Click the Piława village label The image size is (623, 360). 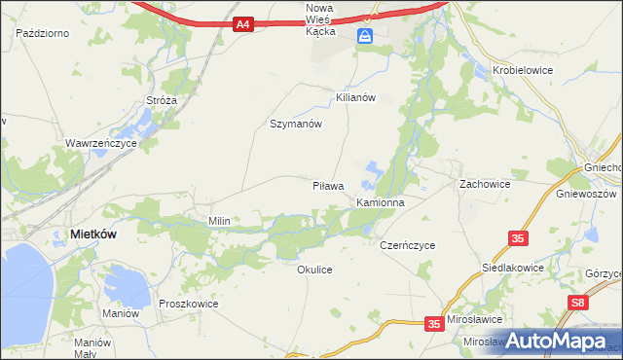(328, 185)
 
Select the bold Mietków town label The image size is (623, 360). (95, 234)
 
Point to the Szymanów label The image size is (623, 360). (295, 125)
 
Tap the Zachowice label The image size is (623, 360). (485, 183)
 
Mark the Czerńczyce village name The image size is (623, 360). (407, 246)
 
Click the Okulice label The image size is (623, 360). (314, 270)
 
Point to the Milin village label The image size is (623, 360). (219, 221)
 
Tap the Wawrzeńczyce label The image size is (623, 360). (101, 143)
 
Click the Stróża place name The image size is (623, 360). (162, 99)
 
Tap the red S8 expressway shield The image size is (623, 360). (579, 304)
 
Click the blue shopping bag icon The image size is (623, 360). (365, 37)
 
